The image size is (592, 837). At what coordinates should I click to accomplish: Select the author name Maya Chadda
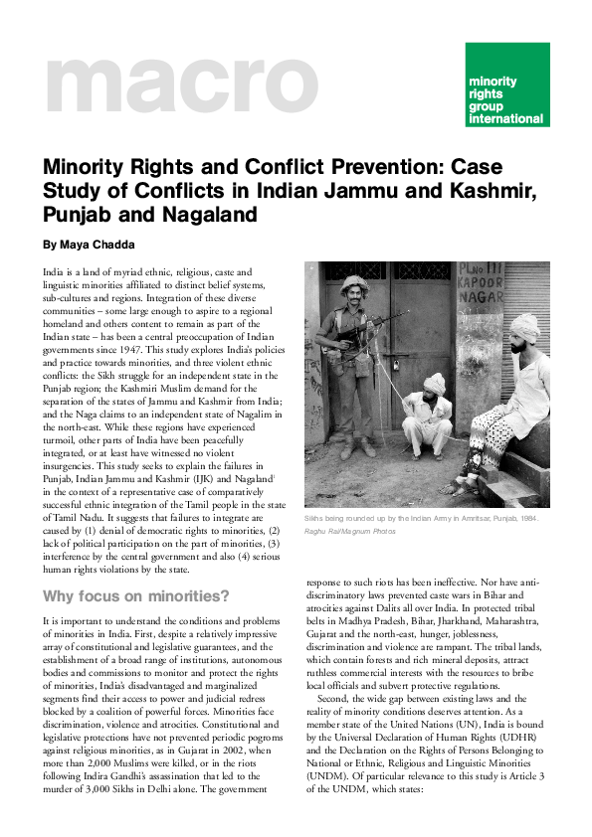(90, 244)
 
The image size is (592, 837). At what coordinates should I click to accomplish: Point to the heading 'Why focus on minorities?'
(135, 596)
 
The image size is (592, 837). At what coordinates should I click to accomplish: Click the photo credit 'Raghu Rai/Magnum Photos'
(348, 532)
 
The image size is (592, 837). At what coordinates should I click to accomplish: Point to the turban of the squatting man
(434, 381)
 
